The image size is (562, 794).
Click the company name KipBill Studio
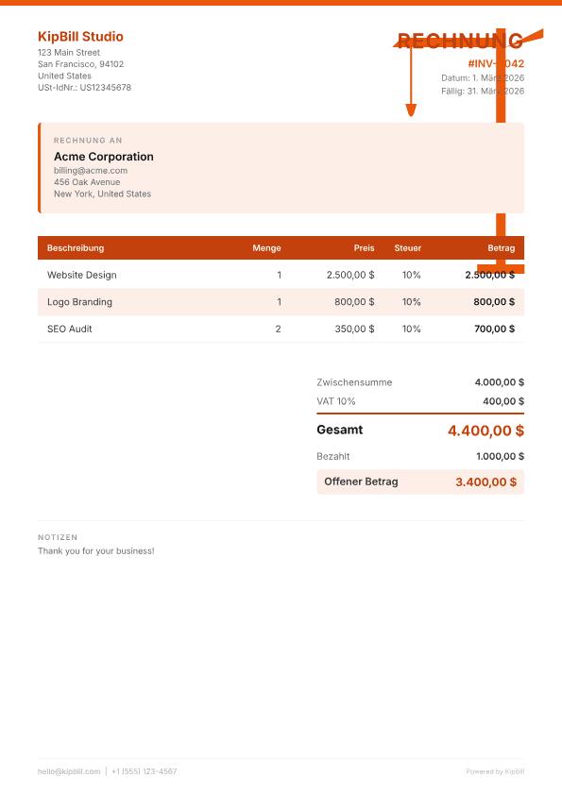(80, 37)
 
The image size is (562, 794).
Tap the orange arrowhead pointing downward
(411, 110)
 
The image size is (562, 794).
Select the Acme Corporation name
(103, 157)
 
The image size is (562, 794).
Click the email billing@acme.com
(91, 171)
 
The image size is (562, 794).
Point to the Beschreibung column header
(76, 248)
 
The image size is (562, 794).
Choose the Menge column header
(266, 248)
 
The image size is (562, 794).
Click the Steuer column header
(408, 248)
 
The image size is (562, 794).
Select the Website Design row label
(82, 275)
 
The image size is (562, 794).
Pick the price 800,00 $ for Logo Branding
(354, 302)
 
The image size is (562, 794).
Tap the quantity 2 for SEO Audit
(278, 329)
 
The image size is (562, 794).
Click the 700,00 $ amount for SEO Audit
(494, 329)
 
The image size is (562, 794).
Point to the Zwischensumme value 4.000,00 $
(499, 382)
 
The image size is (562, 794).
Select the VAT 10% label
(336, 401)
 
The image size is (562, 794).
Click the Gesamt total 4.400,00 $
(485, 431)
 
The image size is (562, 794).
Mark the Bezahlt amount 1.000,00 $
(500, 456)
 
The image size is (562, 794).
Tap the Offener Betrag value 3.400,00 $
(485, 481)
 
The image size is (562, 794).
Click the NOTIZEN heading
(58, 537)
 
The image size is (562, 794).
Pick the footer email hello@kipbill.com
(69, 771)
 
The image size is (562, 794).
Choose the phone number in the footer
(144, 771)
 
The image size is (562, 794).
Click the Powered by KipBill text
(495, 771)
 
